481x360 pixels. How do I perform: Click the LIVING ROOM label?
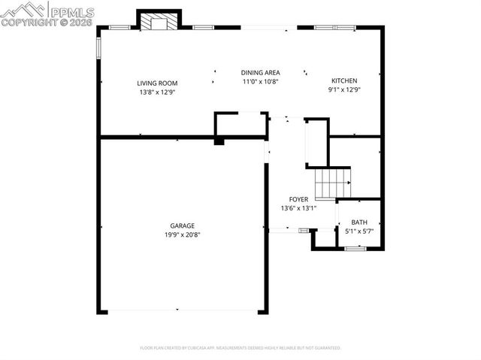click(156, 83)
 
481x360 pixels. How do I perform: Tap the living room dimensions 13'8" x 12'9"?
click(156, 92)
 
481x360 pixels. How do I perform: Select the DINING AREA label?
click(260, 73)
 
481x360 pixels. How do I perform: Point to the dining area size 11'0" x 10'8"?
click(260, 82)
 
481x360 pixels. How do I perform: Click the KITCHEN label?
click(344, 81)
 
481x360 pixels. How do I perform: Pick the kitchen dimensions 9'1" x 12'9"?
click(344, 90)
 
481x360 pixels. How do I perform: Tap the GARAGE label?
click(182, 225)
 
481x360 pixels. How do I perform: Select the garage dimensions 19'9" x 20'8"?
click(182, 234)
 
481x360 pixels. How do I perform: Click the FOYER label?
click(298, 199)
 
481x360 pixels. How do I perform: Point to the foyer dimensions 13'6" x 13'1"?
click(298, 208)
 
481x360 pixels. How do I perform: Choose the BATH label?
click(359, 222)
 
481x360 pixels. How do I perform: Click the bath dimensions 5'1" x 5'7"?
click(359, 231)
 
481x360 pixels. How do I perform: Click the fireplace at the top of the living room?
click(158, 22)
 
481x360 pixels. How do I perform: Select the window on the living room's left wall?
click(98, 47)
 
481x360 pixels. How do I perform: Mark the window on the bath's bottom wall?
click(355, 247)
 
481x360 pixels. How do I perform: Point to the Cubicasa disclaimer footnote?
click(240, 348)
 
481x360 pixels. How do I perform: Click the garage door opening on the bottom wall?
click(177, 310)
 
